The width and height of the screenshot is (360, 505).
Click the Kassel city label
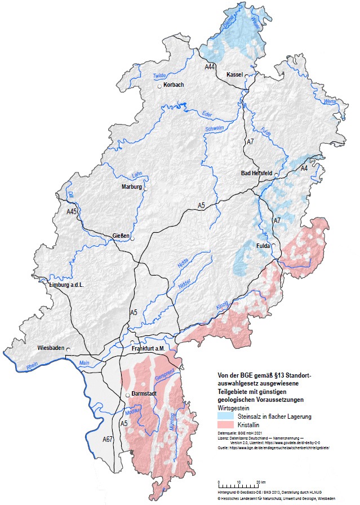[x=234, y=74]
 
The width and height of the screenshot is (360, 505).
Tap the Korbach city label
[x=173, y=85]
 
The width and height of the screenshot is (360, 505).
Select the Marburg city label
[x=132, y=187]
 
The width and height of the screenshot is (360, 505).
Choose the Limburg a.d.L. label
[x=66, y=286]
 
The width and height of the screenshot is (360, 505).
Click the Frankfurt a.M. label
[x=148, y=349]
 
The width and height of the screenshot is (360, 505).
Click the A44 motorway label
[x=210, y=67]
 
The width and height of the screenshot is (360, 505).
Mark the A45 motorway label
[x=72, y=211]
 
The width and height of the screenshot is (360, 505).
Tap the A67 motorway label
[x=109, y=439]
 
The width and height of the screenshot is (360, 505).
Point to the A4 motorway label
[x=304, y=168]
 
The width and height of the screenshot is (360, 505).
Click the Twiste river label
[x=161, y=76]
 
